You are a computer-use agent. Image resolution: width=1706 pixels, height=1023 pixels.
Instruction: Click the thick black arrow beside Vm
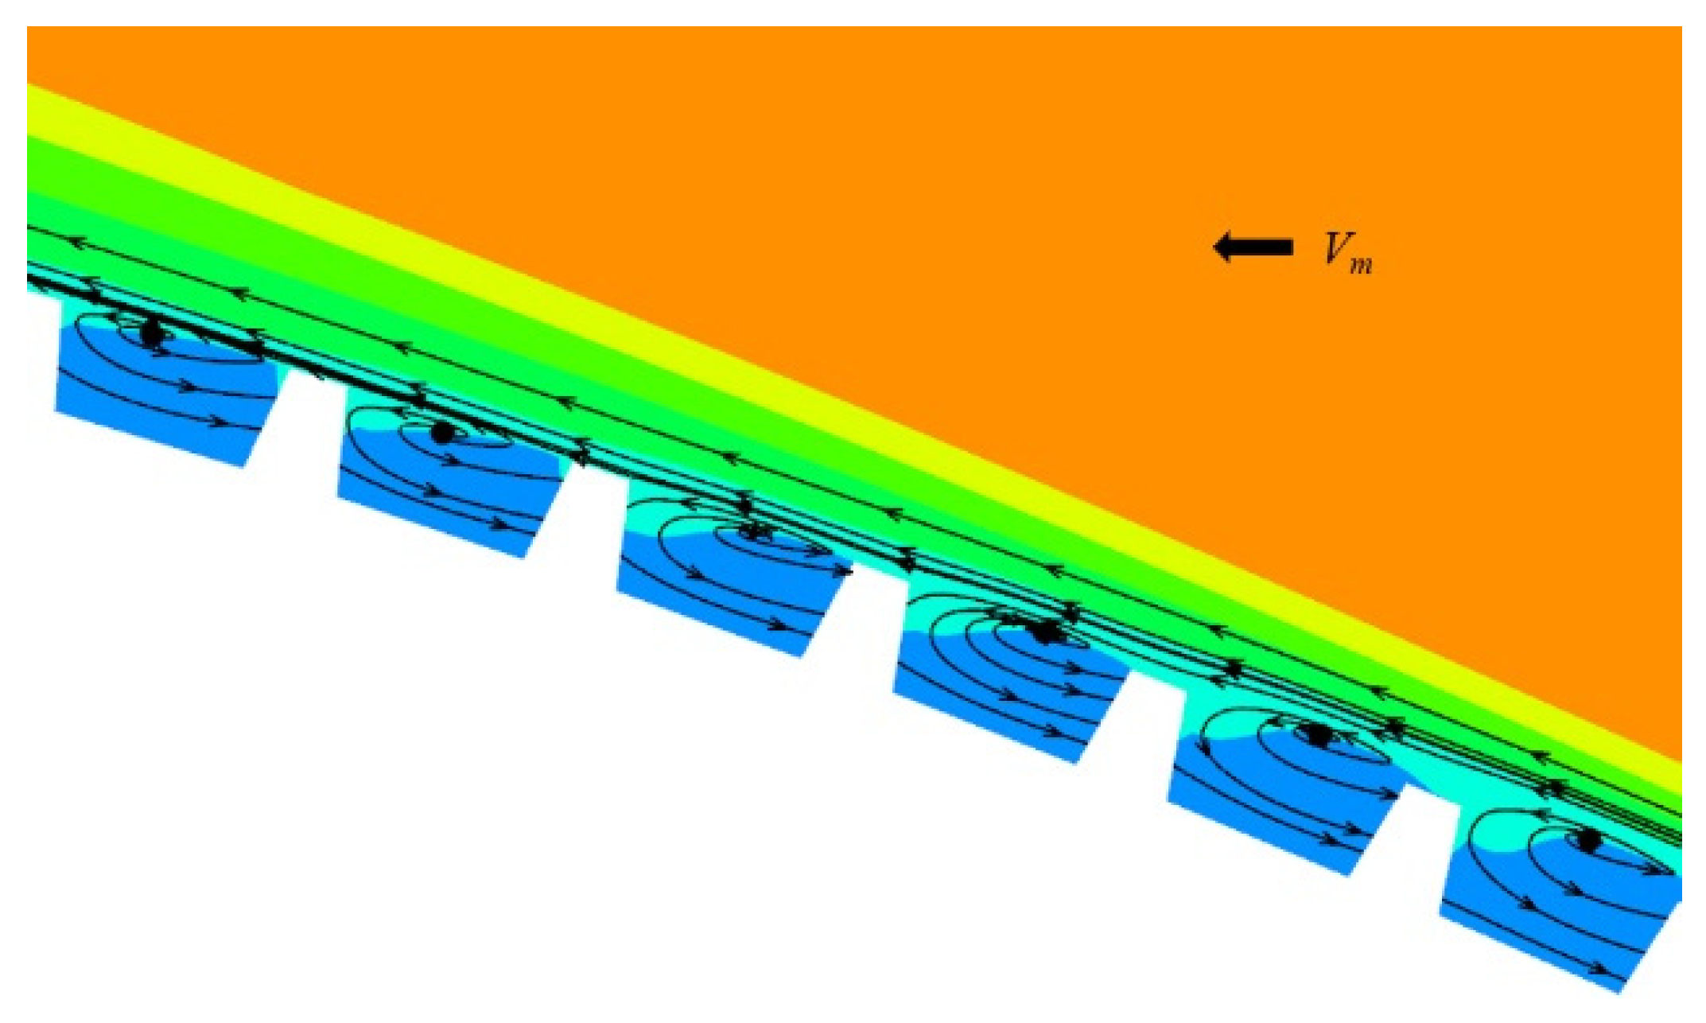(x=1252, y=247)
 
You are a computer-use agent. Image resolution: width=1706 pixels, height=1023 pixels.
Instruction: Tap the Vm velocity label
(x=1347, y=253)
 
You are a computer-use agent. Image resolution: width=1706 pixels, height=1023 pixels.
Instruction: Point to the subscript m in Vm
(x=1361, y=265)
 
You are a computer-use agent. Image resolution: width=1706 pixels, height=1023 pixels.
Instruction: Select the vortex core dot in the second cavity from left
(x=442, y=434)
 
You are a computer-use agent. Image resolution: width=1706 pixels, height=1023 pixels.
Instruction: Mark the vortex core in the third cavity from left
(x=751, y=531)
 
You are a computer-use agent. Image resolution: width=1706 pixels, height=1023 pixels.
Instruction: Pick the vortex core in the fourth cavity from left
(x=1043, y=632)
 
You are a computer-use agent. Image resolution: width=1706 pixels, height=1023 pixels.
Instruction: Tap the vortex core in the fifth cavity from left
(x=1317, y=734)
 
